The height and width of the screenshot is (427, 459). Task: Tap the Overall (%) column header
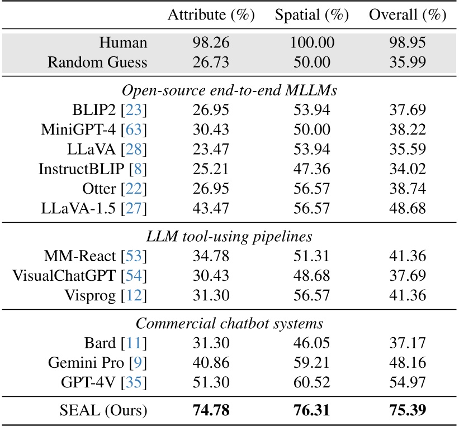click(x=406, y=16)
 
